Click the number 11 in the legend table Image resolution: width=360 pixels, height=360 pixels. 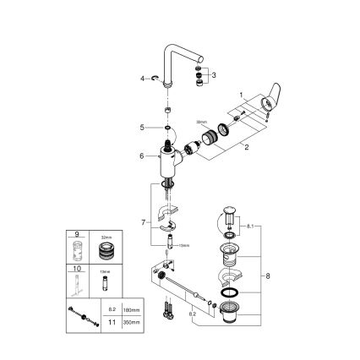[108, 320]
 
